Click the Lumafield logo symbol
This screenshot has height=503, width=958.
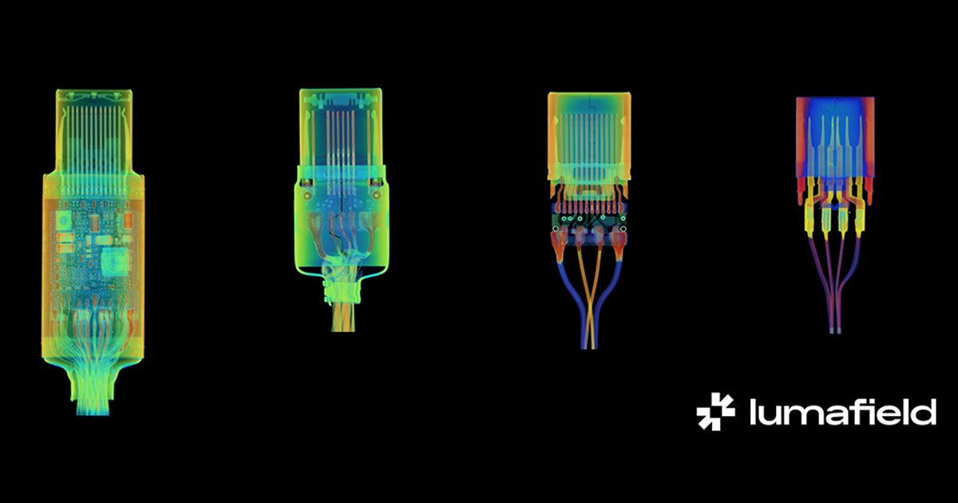pos(715,411)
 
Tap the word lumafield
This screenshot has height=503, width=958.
pos(843,411)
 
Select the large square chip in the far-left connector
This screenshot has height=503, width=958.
pos(115,260)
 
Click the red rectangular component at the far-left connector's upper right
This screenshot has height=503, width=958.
pos(128,220)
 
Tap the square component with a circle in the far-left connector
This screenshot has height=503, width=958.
pos(63,220)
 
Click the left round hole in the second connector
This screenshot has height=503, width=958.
pos(307,196)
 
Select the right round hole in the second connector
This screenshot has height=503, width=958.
pos(376,196)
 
